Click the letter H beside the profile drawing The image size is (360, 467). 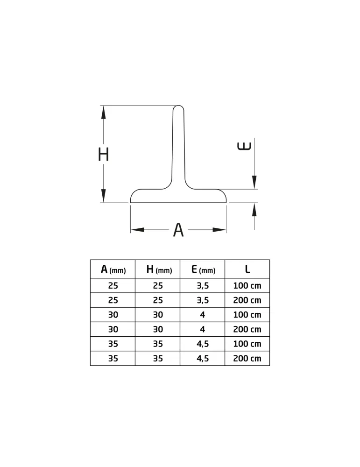(x=103, y=154)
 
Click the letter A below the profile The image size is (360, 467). (x=178, y=230)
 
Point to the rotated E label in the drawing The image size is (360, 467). (x=244, y=146)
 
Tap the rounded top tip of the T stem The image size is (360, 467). (x=178, y=106)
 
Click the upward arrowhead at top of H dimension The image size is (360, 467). (x=103, y=112)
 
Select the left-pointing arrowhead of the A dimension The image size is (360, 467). (x=138, y=230)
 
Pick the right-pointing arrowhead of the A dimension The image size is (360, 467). (x=219, y=230)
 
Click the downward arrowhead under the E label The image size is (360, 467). (x=254, y=182)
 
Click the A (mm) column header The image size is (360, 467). (x=113, y=269)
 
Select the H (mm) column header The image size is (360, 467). (x=159, y=269)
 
